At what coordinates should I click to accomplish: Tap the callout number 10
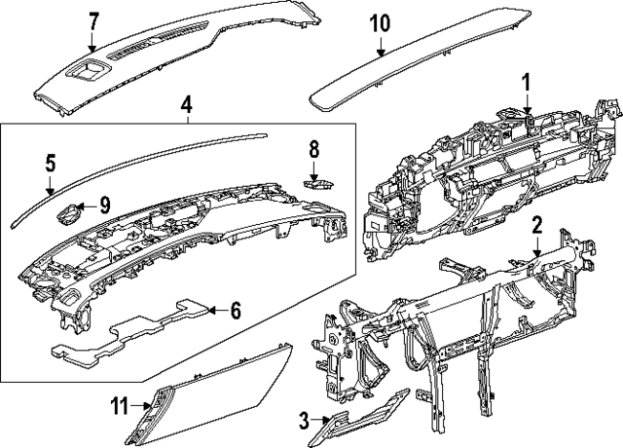point(380,22)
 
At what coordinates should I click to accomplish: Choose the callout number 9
point(105,205)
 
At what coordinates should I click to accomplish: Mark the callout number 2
point(536,225)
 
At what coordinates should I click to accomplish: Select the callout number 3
point(304,421)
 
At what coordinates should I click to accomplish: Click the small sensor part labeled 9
point(68,212)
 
